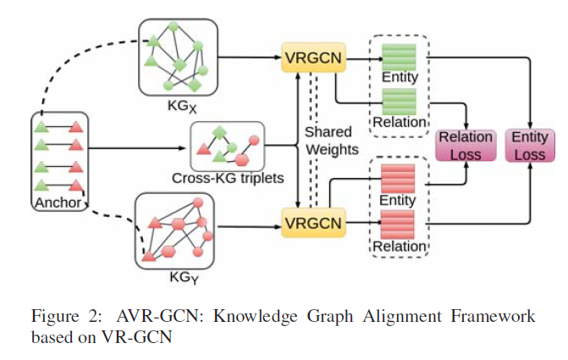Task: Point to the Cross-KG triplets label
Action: click(228, 180)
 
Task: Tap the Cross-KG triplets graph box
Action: click(227, 146)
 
